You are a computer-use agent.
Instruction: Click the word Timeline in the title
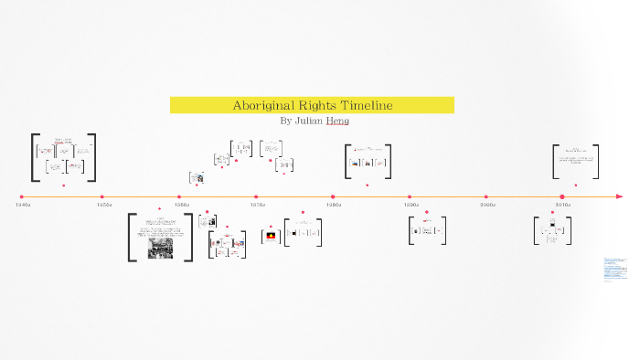(365, 105)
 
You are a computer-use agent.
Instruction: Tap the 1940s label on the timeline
(24, 205)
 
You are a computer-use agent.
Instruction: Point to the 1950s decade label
(104, 205)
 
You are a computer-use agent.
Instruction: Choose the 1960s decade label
(181, 205)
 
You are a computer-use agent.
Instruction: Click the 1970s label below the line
(258, 205)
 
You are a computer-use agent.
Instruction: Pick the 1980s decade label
(335, 205)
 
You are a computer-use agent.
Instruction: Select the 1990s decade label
(411, 205)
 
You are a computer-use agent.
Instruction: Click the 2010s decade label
(564, 205)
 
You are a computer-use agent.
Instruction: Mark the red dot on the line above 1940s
(22, 196)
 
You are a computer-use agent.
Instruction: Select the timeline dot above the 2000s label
(485, 196)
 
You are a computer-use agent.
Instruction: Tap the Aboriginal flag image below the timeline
(271, 236)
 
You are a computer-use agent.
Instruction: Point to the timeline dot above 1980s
(333, 196)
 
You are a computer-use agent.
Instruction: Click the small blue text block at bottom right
(615, 270)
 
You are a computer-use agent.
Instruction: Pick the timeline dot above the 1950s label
(101, 196)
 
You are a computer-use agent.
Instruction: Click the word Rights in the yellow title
(315, 105)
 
